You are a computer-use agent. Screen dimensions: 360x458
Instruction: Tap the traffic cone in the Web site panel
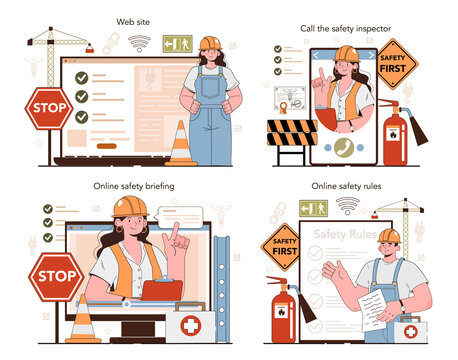[181, 143]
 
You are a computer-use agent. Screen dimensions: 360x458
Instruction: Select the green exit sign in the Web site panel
[176, 44]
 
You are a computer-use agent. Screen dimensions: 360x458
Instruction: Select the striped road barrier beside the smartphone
[292, 134]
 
